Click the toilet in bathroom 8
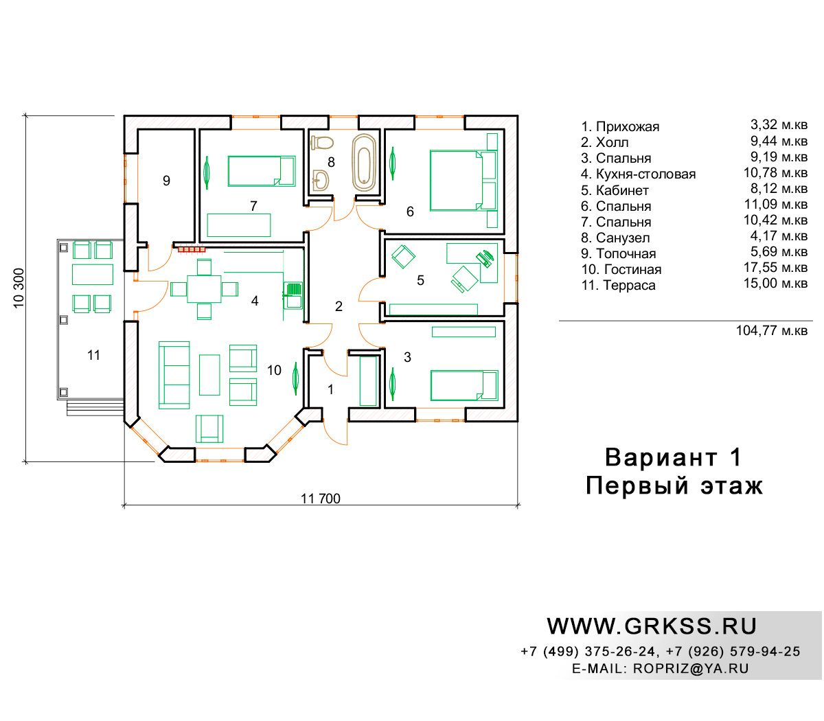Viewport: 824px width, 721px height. click(322, 143)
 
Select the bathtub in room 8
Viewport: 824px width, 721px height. click(364, 162)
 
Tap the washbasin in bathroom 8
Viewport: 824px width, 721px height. click(321, 180)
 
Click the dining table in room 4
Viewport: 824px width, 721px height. click(204, 289)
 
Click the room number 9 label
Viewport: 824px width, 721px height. click(166, 181)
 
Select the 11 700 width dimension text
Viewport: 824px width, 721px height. click(321, 499)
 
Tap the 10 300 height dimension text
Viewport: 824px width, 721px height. click(19, 288)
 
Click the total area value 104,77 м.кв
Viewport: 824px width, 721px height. click(772, 331)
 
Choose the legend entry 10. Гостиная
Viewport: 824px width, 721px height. click(621, 269)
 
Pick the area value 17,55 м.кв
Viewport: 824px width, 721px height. click(775, 267)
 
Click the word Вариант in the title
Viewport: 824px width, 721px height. click(661, 457)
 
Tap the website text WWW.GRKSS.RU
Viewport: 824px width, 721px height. click(652, 626)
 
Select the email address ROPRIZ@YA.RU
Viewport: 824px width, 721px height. click(691, 668)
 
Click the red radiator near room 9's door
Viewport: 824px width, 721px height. click(192, 250)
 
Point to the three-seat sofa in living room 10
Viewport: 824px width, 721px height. click(174, 375)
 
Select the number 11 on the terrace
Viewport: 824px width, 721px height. click(93, 355)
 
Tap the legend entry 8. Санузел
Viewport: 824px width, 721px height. click(615, 238)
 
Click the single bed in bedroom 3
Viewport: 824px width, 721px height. click(464, 385)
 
